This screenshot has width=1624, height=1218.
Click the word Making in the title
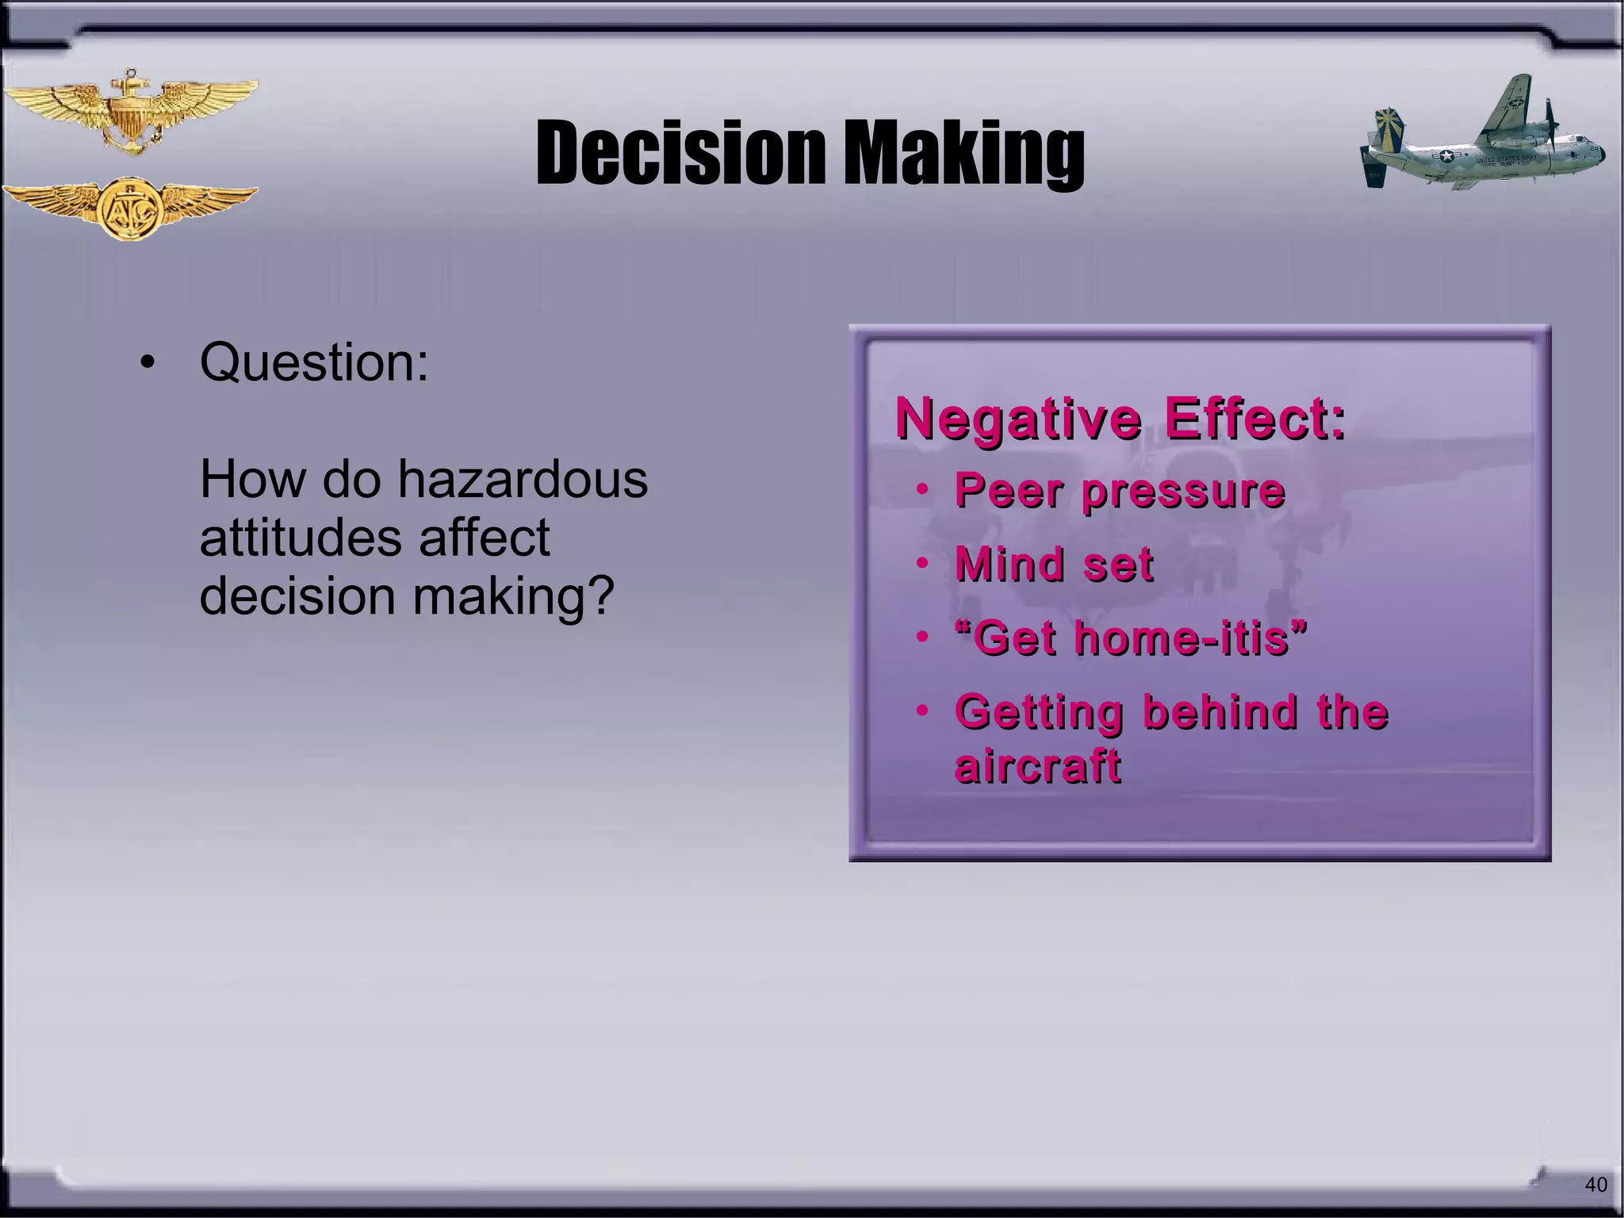click(x=963, y=154)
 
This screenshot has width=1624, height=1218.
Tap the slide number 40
click(x=1595, y=1185)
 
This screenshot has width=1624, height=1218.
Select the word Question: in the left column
click(x=314, y=362)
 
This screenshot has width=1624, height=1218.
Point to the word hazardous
click(x=523, y=480)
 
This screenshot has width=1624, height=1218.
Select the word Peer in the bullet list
click(x=1008, y=491)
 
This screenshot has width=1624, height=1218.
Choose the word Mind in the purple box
click(x=1009, y=565)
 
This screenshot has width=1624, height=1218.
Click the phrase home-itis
click(x=1182, y=638)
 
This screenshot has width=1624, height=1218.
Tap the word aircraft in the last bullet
click(x=1038, y=766)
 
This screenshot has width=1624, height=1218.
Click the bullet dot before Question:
click(x=147, y=364)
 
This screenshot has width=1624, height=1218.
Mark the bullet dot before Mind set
click(x=921, y=564)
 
